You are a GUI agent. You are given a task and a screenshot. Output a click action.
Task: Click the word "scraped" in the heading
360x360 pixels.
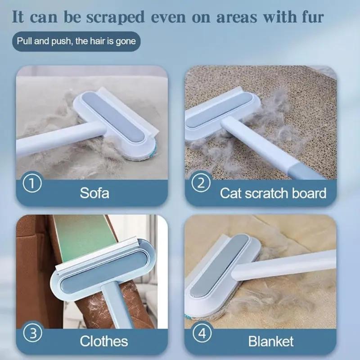[x=116, y=18]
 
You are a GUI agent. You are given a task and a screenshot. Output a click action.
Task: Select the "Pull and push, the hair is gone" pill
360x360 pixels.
[x=76, y=41]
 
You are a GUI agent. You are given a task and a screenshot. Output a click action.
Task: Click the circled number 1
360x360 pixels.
[x=32, y=184]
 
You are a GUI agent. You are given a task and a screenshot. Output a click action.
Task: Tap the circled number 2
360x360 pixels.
[x=201, y=183]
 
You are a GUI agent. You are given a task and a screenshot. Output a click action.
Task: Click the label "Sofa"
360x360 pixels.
[x=94, y=193]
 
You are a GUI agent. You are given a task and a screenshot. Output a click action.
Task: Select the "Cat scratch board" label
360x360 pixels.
[x=273, y=193]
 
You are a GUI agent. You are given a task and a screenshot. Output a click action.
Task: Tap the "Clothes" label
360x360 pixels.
[x=104, y=341]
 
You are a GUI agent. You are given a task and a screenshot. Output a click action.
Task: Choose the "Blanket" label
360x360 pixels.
[x=271, y=342]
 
